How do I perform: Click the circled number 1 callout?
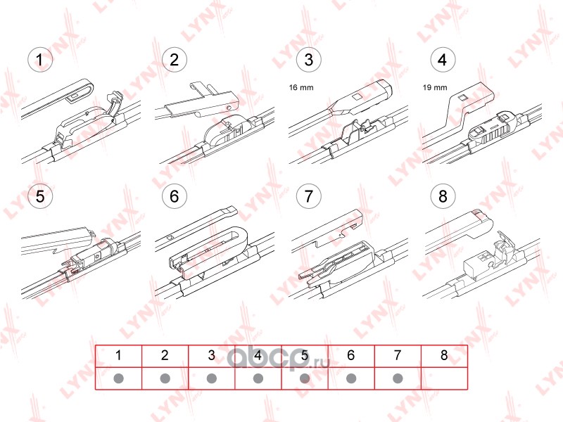tap(40, 60)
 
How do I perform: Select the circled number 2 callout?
tap(174, 60)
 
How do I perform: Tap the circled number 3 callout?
tap(308, 60)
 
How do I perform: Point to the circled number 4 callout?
tap(443, 60)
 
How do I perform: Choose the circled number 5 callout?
tap(40, 196)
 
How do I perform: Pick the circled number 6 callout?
tap(174, 196)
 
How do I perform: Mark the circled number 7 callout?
tap(308, 196)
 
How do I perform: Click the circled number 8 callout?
tap(443, 196)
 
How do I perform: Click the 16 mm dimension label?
tap(301, 87)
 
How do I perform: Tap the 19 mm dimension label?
tap(435, 87)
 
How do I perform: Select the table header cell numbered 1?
tap(118, 356)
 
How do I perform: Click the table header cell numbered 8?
tap(444, 356)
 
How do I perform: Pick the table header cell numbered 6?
tap(351, 356)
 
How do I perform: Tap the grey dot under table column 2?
tap(165, 378)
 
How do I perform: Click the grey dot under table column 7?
tap(398, 378)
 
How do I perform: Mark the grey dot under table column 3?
tap(212, 378)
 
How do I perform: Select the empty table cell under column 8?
tap(444, 378)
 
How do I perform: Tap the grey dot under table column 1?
tap(118, 378)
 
